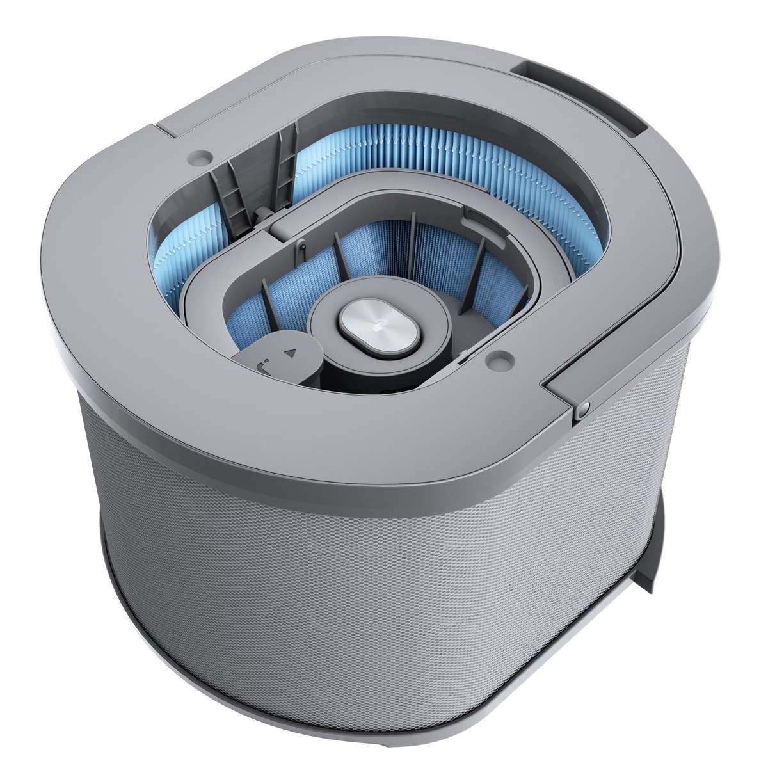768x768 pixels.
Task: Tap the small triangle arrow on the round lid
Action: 291,352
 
